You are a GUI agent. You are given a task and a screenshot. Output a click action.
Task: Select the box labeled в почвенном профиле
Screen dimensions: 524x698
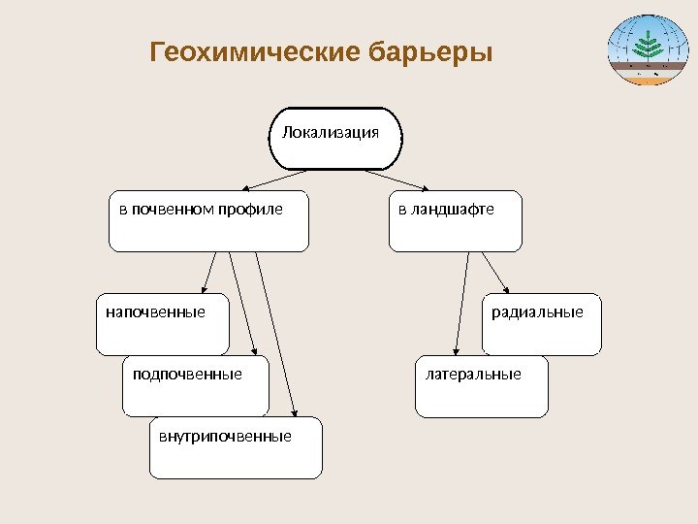[208, 221]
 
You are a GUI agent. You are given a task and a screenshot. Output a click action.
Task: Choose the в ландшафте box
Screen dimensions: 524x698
[455, 221]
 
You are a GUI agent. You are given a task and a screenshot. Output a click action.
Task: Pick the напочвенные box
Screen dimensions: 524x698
[162, 324]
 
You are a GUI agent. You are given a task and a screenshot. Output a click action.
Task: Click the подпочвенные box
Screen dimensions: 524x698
[195, 386]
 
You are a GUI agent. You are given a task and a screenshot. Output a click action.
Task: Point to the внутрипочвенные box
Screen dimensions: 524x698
[236, 448]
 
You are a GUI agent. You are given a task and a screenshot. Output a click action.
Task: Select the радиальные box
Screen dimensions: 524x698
[541, 324]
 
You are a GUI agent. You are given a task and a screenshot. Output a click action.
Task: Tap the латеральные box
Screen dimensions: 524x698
[481, 386]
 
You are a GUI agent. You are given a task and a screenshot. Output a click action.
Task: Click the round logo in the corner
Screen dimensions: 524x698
[644, 49]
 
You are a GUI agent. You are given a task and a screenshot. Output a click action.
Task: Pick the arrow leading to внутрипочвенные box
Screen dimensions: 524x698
[277, 335]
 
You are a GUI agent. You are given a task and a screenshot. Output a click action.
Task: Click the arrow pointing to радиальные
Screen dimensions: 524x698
[497, 273]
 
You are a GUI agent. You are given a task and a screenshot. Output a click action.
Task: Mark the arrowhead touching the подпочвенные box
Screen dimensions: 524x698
[253, 351]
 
